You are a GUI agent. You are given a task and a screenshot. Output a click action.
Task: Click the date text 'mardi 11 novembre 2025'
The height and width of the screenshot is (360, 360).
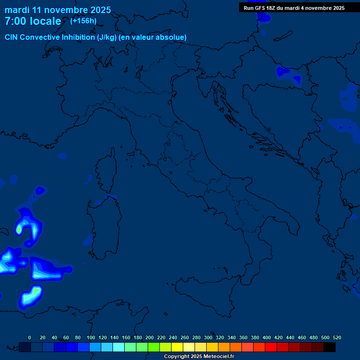click(x=58, y=10)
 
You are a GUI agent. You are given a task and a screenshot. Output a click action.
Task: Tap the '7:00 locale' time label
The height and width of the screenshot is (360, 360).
click(x=33, y=21)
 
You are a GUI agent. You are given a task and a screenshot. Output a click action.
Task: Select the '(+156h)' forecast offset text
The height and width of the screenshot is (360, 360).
click(x=83, y=21)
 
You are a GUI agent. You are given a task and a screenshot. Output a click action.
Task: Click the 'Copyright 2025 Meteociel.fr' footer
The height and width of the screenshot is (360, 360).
click(x=199, y=357)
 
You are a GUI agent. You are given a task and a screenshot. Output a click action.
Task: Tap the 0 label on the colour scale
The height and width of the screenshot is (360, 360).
click(x=30, y=337)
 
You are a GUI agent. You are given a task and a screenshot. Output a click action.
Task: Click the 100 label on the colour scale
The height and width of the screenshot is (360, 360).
click(x=91, y=337)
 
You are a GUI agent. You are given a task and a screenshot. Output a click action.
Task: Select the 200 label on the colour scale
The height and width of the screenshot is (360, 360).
click(x=150, y=337)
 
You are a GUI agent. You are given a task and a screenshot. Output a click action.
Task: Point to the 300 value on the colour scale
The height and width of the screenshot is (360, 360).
click(x=208, y=337)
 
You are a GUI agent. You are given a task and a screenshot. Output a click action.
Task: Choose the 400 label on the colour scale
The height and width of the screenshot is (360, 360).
click(x=267, y=337)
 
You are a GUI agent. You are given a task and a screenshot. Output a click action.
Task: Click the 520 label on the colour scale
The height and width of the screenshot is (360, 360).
click(x=337, y=337)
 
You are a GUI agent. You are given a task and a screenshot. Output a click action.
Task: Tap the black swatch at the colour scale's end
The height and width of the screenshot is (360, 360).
click(x=330, y=347)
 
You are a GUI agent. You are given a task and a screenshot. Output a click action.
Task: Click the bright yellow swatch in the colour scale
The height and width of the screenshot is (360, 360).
click(x=177, y=347)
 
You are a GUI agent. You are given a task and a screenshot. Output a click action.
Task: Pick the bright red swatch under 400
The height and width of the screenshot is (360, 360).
click(x=271, y=347)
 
